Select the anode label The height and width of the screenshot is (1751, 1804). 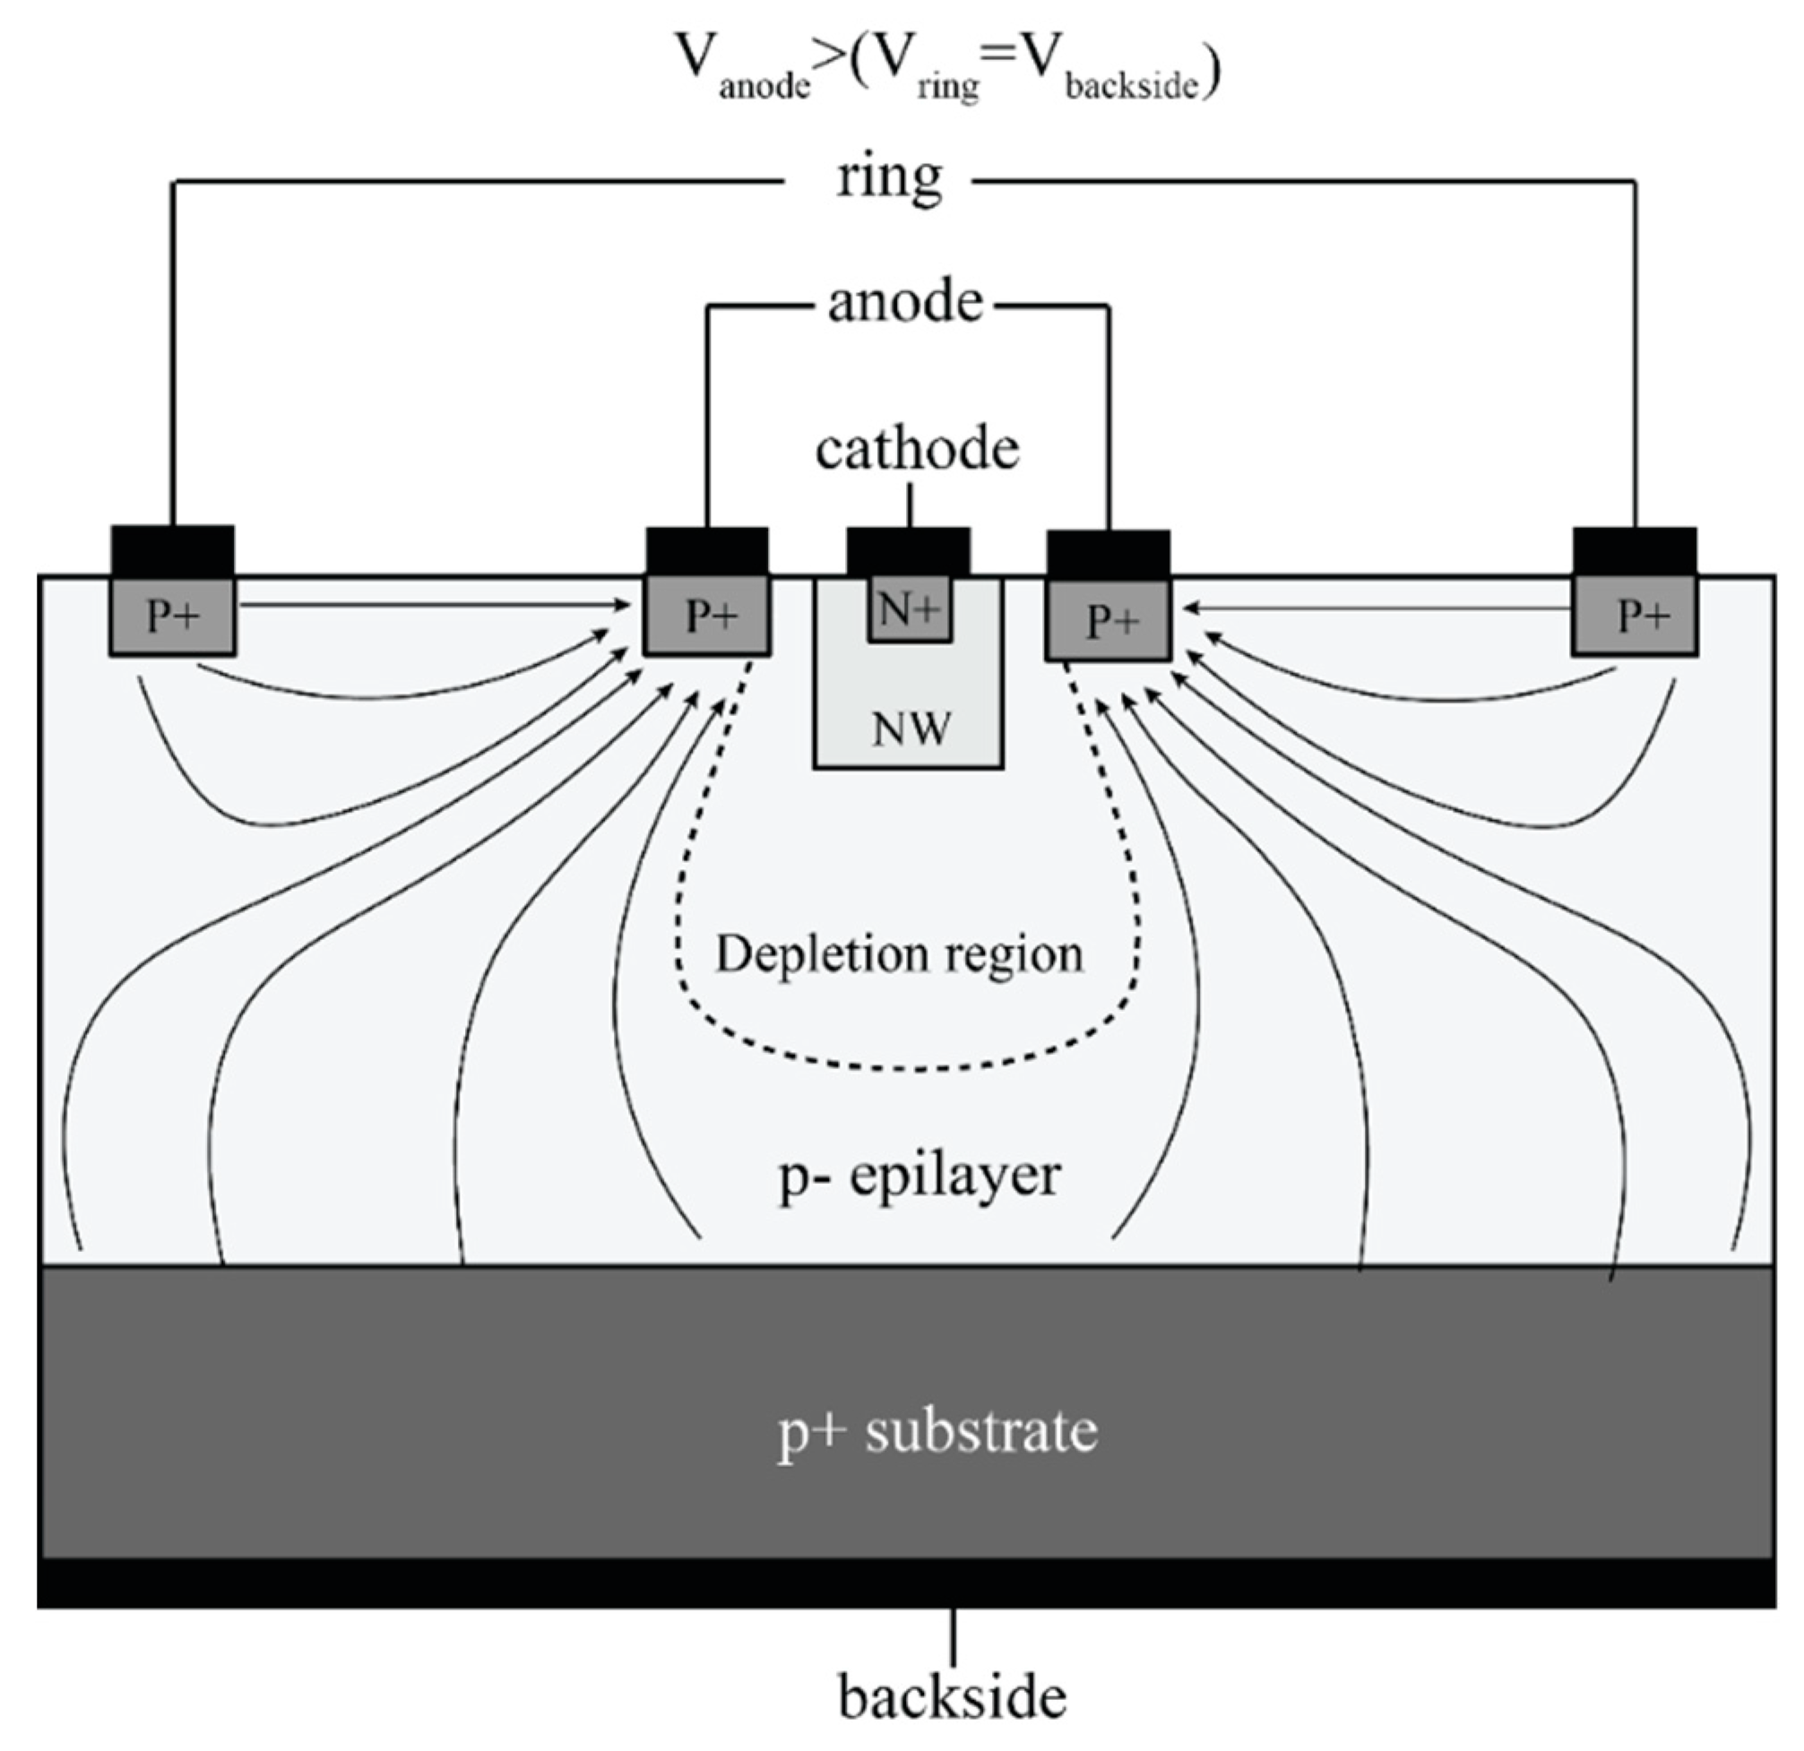906,303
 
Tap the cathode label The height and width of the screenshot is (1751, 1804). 918,450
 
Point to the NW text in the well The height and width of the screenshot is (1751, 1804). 911,729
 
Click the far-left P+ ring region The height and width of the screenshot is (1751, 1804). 172,616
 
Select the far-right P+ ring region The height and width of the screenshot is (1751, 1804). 1636,616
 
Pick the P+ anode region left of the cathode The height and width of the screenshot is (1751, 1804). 707,616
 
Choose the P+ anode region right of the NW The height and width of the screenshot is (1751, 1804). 1109,619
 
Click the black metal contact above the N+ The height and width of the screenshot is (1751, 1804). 908,550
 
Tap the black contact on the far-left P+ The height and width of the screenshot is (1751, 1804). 172,550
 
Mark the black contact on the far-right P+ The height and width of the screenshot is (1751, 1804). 1635,550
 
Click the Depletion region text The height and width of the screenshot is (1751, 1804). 899,954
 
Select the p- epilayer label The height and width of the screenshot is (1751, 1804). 919,1177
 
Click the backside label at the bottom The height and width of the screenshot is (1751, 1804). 952,1695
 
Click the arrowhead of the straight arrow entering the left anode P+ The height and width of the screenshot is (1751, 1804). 624,605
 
